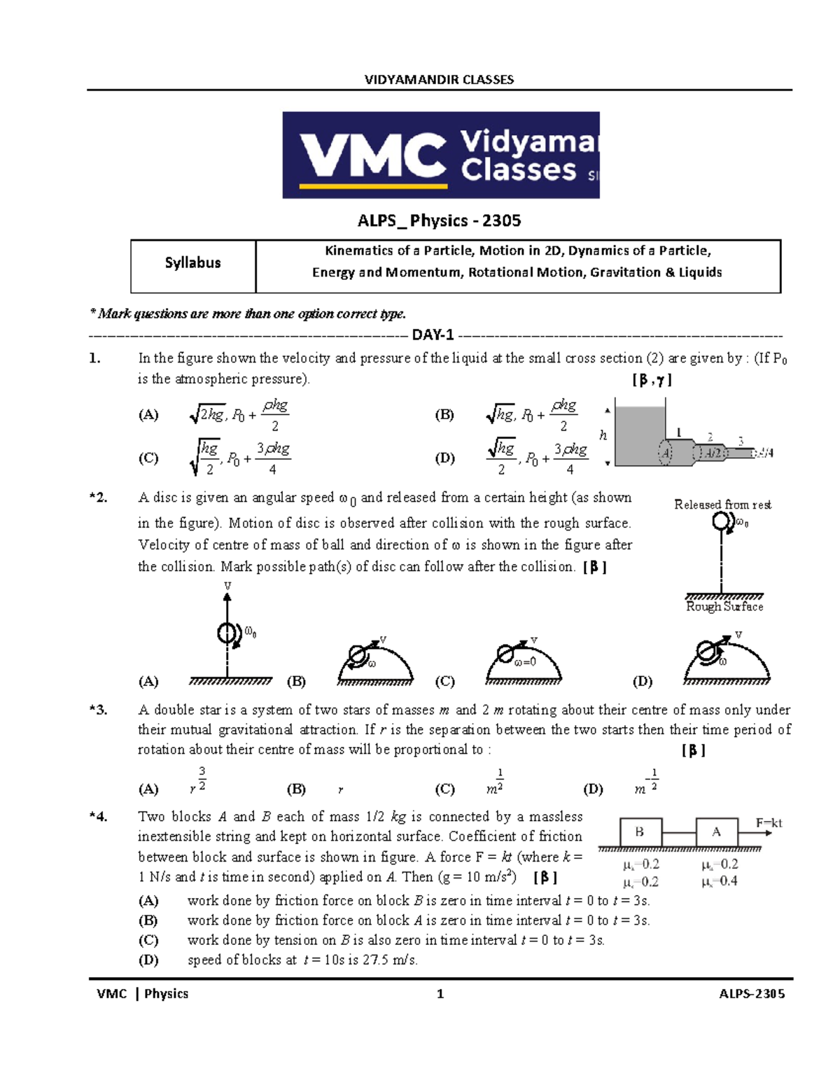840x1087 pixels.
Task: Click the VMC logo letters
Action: tap(373, 155)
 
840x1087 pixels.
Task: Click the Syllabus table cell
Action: tap(192, 263)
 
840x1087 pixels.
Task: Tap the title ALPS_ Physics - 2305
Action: tap(439, 220)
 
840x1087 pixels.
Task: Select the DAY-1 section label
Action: tap(433, 335)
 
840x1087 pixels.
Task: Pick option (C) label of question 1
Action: tap(148, 458)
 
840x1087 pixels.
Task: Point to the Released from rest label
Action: tap(722, 505)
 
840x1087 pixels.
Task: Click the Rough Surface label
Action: tap(724, 607)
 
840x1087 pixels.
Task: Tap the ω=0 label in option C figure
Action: tap(525, 662)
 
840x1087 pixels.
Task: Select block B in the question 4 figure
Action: tap(640, 832)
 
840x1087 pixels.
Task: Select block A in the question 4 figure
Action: tap(716, 832)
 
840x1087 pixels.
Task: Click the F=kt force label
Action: tap(769, 823)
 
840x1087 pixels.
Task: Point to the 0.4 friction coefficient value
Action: tap(728, 881)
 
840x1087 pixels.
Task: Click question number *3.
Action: tap(98, 710)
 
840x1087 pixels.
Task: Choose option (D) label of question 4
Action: tap(148, 960)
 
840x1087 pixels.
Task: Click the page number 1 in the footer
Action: tap(440, 994)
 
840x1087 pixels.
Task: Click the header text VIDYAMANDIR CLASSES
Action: tap(439, 80)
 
